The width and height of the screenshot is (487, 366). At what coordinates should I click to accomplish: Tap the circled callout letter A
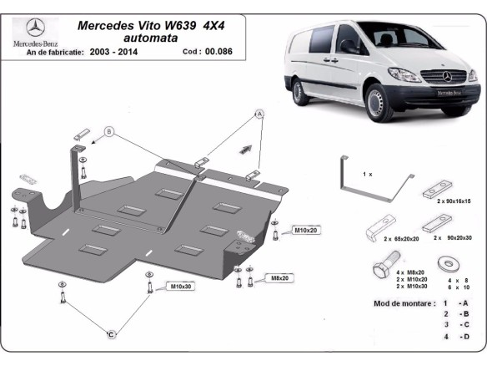click(259, 113)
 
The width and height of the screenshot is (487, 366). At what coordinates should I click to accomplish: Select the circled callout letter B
click(109, 131)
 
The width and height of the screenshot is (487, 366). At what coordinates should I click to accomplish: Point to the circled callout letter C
click(109, 334)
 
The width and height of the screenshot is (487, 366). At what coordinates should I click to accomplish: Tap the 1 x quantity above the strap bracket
click(368, 174)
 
